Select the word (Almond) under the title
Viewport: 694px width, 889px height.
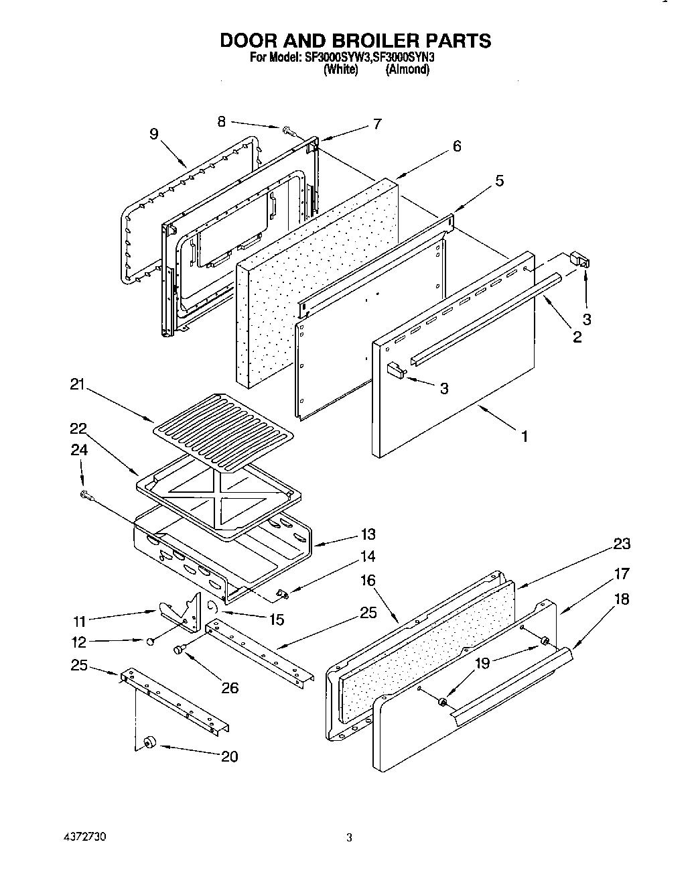point(407,69)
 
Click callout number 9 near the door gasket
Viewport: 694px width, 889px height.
point(154,134)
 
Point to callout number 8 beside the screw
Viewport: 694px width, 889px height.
point(222,121)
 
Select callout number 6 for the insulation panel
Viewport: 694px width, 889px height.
point(457,145)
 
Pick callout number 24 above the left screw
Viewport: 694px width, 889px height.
point(79,451)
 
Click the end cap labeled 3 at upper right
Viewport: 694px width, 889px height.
point(580,259)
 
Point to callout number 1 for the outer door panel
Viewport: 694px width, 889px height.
point(525,436)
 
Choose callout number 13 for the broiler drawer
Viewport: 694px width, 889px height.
point(367,534)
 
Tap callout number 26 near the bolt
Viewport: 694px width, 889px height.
point(229,687)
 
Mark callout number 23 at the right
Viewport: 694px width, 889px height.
point(622,544)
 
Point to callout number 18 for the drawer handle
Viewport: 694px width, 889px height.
point(622,599)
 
